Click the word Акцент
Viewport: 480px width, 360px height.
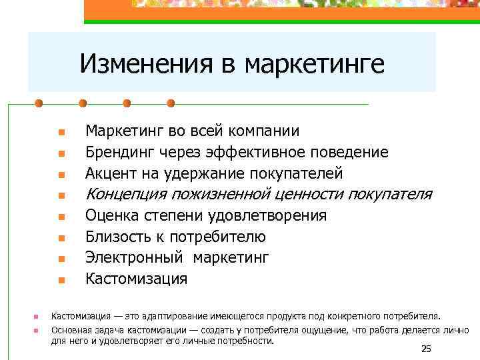click(110, 174)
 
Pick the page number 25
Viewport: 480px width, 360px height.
click(427, 349)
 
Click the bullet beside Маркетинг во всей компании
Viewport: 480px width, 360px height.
click(60, 132)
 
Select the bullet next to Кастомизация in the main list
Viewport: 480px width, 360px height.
click(60, 279)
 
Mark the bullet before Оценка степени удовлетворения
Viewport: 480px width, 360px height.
click(60, 217)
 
